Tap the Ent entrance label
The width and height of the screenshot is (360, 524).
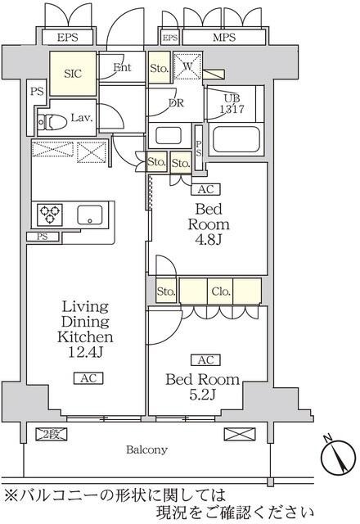(123, 68)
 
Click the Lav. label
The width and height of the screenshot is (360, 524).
(80, 118)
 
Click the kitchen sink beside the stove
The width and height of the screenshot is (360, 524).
(89, 215)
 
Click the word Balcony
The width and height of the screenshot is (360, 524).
(147, 449)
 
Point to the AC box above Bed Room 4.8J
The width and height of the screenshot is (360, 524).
(205, 189)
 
